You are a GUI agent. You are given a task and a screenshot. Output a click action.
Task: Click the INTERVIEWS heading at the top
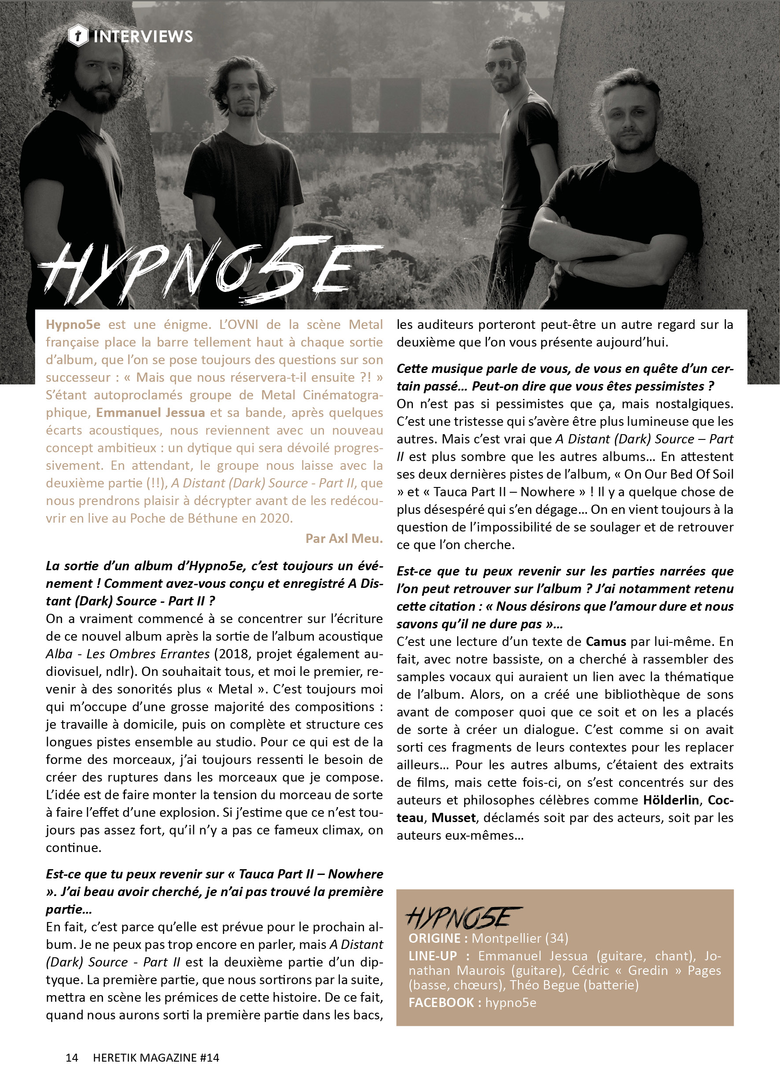tap(143, 37)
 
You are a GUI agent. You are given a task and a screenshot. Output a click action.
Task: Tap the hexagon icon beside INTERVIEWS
tap(78, 36)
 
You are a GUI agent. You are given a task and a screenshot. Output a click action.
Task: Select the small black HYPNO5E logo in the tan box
tap(463, 918)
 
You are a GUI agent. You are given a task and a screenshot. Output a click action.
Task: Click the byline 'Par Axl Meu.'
tap(344, 539)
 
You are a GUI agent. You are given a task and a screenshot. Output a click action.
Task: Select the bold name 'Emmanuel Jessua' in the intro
tap(151, 413)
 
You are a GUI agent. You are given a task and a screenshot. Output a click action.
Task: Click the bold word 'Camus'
tap(606, 642)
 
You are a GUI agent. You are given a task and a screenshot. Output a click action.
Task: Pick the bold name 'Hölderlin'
tap(671, 800)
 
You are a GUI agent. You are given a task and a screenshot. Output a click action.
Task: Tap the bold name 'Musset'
tap(453, 818)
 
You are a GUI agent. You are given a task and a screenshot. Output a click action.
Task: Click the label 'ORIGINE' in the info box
tap(434, 938)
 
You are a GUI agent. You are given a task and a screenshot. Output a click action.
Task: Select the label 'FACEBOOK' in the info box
tap(441, 1003)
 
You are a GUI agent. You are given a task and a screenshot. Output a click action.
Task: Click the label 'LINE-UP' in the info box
tap(432, 956)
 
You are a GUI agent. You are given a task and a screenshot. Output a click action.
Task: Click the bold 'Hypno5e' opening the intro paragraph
tap(73, 325)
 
